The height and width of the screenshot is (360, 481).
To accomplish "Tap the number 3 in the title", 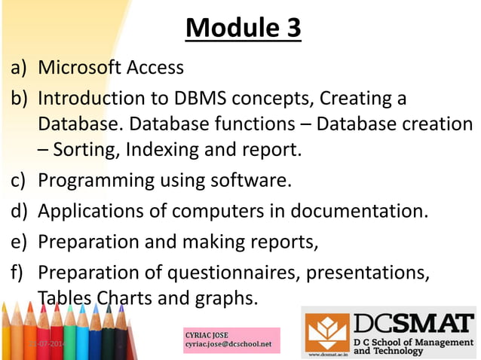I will point(290,28).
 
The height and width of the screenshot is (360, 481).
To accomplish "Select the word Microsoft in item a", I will point(81,68).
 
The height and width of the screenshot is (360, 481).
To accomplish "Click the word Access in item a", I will point(156,68).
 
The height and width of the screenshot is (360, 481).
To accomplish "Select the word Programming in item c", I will point(97,181).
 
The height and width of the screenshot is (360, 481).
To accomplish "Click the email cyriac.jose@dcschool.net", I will point(227,345).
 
